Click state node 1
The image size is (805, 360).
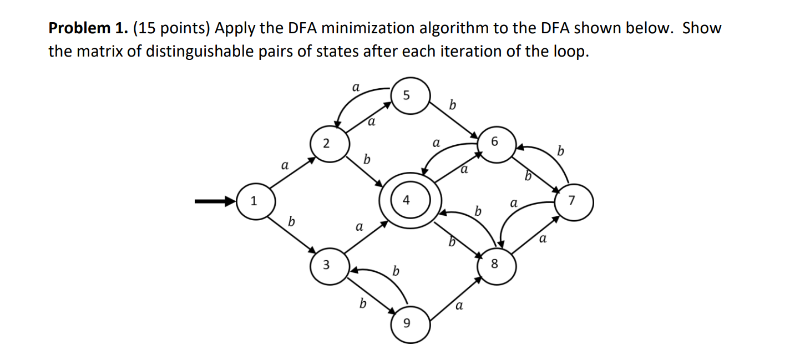pos(254,201)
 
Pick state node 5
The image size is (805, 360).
pos(409,95)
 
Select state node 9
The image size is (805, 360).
pos(410,324)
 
